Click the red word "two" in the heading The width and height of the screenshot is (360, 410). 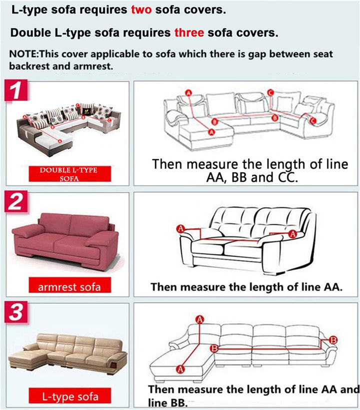pyautogui.click(x=141, y=10)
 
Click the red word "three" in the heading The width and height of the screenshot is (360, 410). pyautogui.click(x=189, y=33)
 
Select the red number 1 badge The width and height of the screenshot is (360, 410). pyautogui.click(x=16, y=91)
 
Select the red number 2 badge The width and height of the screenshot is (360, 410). pyautogui.click(x=16, y=201)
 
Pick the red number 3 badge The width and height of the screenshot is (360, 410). pyautogui.click(x=16, y=312)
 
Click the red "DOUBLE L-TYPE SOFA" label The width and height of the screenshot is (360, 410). pyautogui.click(x=70, y=174)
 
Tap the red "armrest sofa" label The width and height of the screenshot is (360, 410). pyautogui.click(x=70, y=285)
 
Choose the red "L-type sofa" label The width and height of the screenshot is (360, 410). pyautogui.click(x=70, y=396)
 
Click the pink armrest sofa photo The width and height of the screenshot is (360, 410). pyautogui.click(x=65, y=241)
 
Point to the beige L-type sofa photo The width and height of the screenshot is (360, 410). pyautogui.click(x=67, y=352)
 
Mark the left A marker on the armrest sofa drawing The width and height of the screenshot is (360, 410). pyautogui.click(x=180, y=229)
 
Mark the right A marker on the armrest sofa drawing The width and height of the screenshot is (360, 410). pyautogui.click(x=292, y=234)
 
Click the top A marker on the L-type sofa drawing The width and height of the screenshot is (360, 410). pyautogui.click(x=200, y=319)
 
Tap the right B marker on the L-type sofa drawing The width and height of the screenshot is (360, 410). pyautogui.click(x=333, y=340)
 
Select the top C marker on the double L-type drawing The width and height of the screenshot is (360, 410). pyautogui.click(x=270, y=93)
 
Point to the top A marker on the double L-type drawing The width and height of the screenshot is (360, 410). pyautogui.click(x=188, y=93)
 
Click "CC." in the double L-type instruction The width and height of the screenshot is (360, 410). pyautogui.click(x=287, y=178)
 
